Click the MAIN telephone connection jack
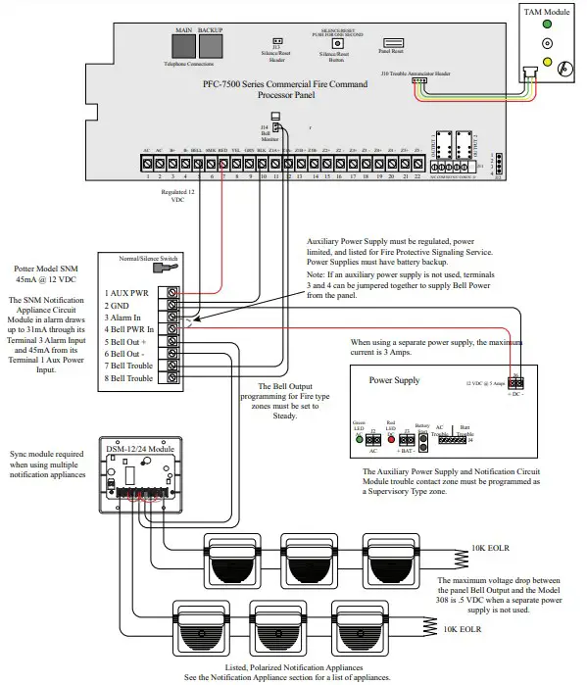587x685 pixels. click(x=183, y=47)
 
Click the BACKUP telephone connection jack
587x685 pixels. click(x=211, y=47)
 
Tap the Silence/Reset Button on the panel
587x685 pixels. click(x=338, y=43)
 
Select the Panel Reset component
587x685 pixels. click(x=391, y=42)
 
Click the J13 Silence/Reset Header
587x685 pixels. click(x=276, y=43)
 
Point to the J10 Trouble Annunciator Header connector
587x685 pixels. click(x=421, y=84)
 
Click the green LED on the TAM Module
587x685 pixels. click(x=539, y=26)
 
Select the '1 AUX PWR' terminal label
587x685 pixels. click(x=128, y=293)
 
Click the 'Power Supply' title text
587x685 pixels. click(x=394, y=378)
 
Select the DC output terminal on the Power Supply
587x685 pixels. click(x=516, y=384)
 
